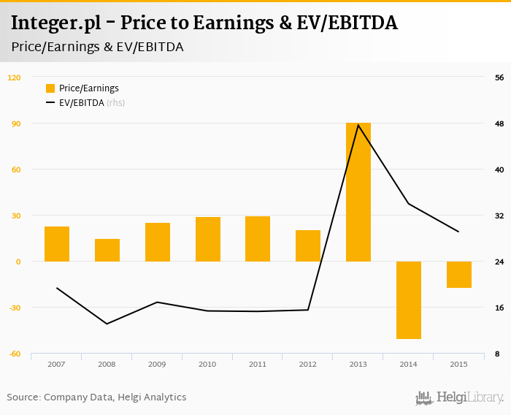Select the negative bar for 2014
coord(409,300)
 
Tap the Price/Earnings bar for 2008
coord(107,250)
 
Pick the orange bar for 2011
coord(258,239)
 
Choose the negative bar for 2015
coord(459,275)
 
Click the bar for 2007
coord(57,244)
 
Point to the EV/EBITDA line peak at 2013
coord(358,125)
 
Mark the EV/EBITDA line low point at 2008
coord(107,324)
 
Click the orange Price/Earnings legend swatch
coord(50,88)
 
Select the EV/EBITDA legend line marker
coord(50,103)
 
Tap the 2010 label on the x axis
coord(207,364)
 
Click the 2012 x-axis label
coord(308,364)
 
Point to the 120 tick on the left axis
coord(15,77)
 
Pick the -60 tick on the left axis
coord(15,354)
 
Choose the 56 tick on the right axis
coord(500,77)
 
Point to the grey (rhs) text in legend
coord(115,103)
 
